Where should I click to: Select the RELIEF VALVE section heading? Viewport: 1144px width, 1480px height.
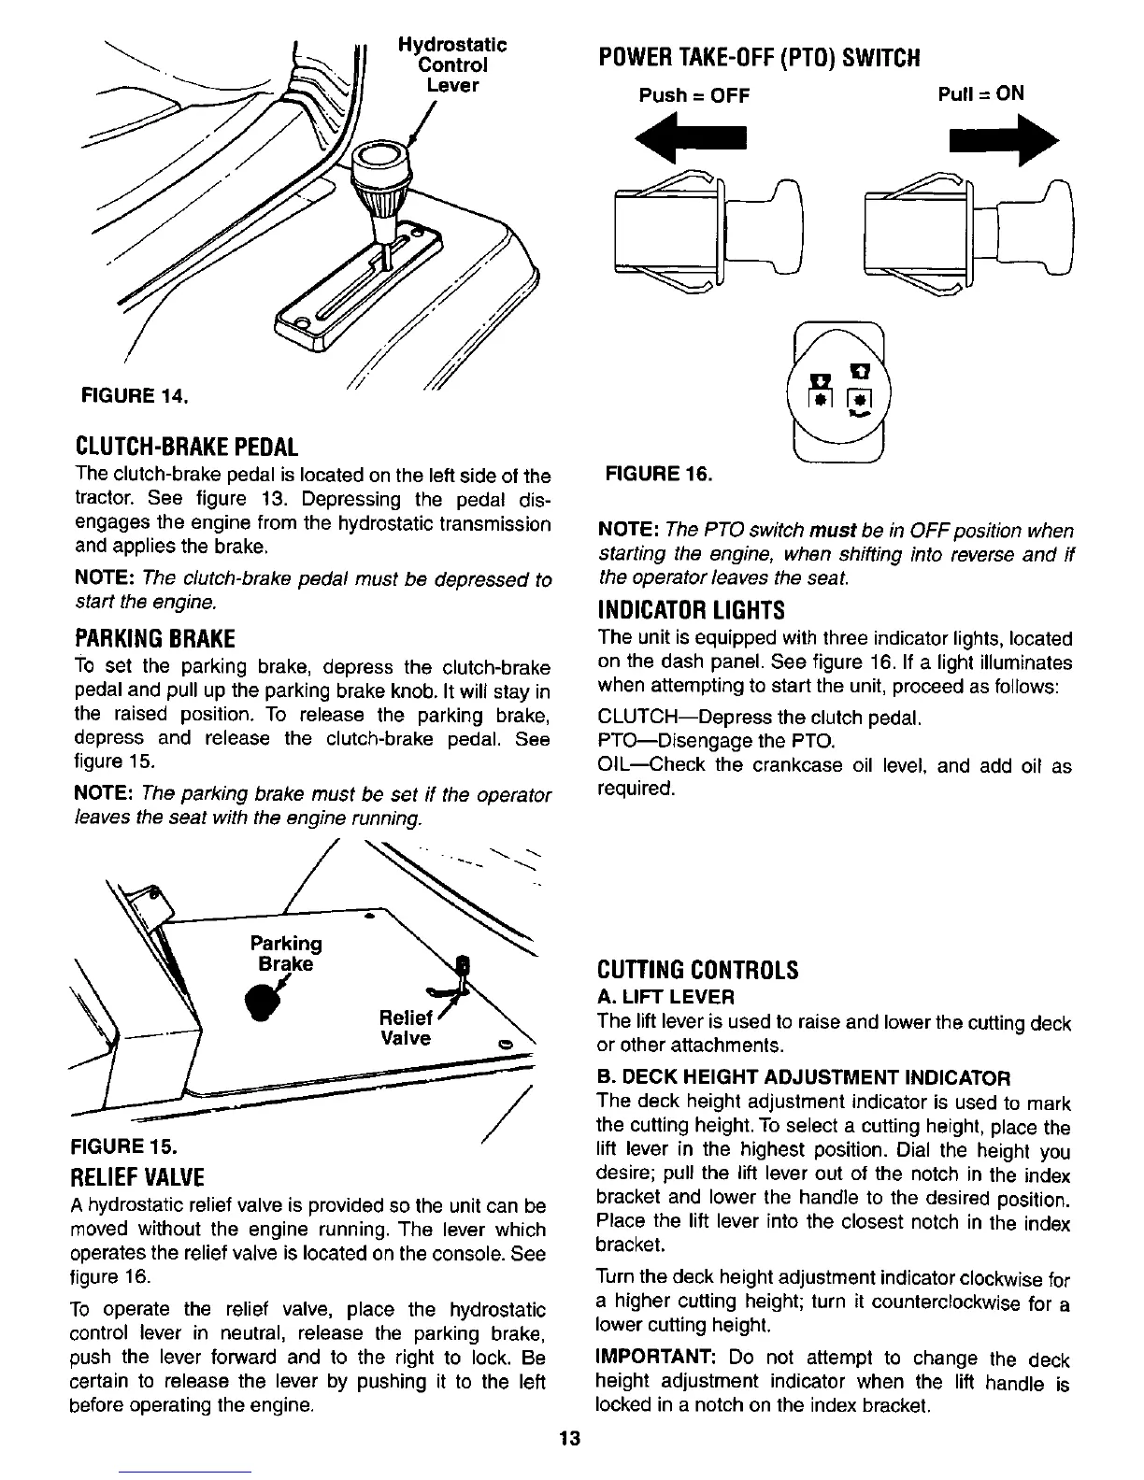pyautogui.click(x=138, y=1174)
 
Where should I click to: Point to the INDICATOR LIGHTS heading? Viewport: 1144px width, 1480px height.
pyautogui.click(x=691, y=610)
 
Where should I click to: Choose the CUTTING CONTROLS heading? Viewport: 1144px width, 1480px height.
pyautogui.click(x=697, y=969)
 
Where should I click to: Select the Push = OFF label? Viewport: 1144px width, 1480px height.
pyautogui.click(x=694, y=95)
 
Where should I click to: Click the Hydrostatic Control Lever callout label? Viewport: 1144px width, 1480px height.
pyautogui.click(x=451, y=64)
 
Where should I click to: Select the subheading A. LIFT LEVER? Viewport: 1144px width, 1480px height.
pyautogui.click(x=665, y=997)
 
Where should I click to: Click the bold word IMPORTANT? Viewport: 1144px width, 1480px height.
pyautogui.click(x=655, y=1358)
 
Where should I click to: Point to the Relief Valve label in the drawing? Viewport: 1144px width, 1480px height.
pyautogui.click(x=406, y=1028)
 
